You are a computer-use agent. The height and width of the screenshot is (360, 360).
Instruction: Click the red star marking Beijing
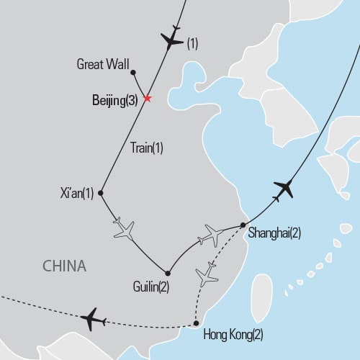[147, 99]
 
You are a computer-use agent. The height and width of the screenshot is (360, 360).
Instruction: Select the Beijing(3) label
[114, 101]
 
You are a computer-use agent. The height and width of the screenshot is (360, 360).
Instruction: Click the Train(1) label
[147, 148]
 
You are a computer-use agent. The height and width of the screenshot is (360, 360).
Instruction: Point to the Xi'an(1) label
[78, 192]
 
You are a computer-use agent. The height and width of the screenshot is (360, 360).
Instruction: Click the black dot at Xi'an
[101, 193]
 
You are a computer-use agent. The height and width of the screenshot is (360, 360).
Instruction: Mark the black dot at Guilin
[168, 273]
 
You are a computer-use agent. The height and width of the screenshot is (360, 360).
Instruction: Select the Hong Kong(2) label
[233, 334]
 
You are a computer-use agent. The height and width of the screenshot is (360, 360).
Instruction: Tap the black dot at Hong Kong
[197, 323]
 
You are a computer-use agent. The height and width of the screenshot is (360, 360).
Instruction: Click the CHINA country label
[64, 266]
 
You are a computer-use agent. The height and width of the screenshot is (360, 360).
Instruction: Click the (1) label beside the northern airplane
[192, 44]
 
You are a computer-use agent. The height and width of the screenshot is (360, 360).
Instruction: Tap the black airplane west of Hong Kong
[93, 318]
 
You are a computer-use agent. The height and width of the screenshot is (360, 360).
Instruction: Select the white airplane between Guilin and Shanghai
[213, 235]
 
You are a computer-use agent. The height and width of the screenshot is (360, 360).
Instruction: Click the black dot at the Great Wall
[133, 72]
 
